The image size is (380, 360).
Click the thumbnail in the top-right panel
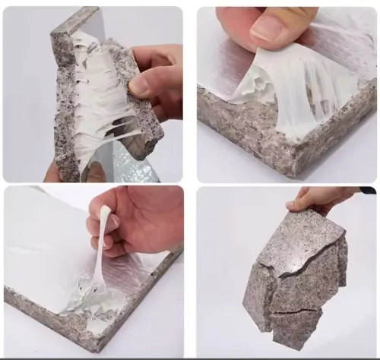(268, 30)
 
